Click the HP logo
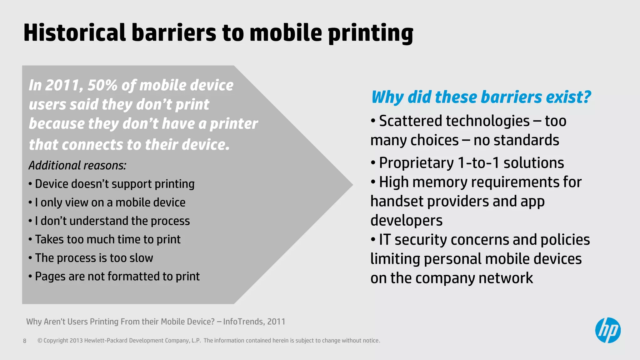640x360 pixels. pos(607,330)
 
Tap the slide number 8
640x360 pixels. pos(25,341)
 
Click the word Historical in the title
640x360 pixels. pos(74,33)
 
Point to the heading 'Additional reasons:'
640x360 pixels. pos(77,165)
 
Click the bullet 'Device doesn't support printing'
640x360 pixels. pos(114,184)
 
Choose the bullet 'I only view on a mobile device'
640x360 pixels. pos(110,202)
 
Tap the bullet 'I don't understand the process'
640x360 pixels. pos(112,221)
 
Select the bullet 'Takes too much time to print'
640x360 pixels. pos(107,239)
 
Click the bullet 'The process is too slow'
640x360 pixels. pos(94,258)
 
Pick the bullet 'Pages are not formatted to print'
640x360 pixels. pos(117,276)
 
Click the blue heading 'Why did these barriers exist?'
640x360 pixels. pos(481,97)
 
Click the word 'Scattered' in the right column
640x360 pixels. pos(407,121)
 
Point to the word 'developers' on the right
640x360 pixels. pos(406,221)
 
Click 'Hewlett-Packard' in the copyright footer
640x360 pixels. pos(106,341)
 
